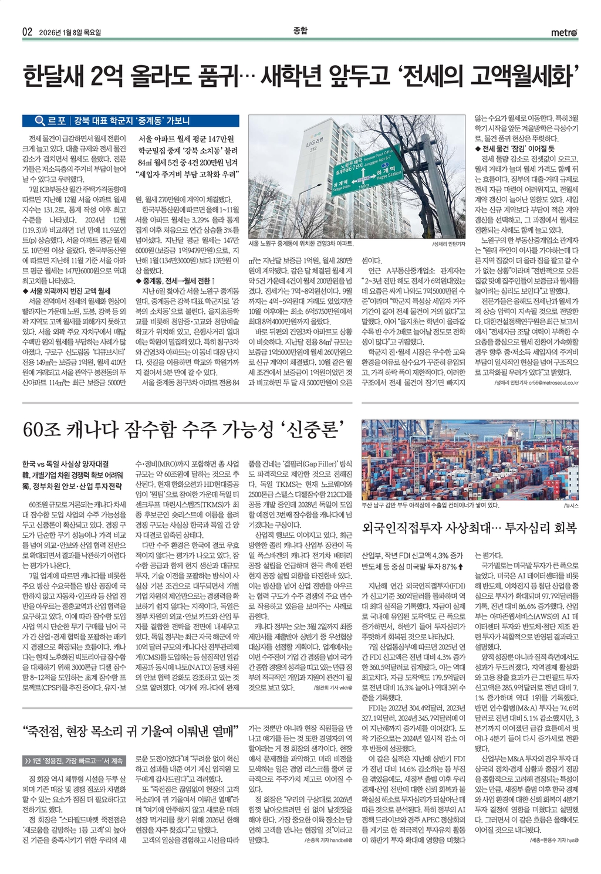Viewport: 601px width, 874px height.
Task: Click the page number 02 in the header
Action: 27,32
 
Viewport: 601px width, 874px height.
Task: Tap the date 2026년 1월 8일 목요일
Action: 70,32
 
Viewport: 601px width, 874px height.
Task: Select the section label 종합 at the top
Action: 300,31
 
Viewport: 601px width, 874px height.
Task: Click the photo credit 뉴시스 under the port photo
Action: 571,505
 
